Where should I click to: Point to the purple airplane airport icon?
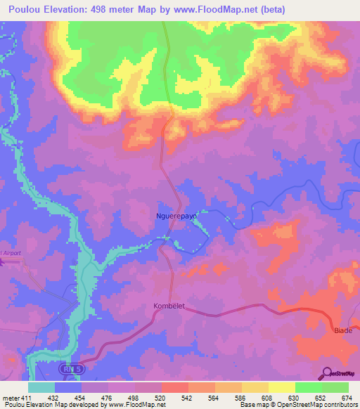[2, 262]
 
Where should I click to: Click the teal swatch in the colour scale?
[41, 387]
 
